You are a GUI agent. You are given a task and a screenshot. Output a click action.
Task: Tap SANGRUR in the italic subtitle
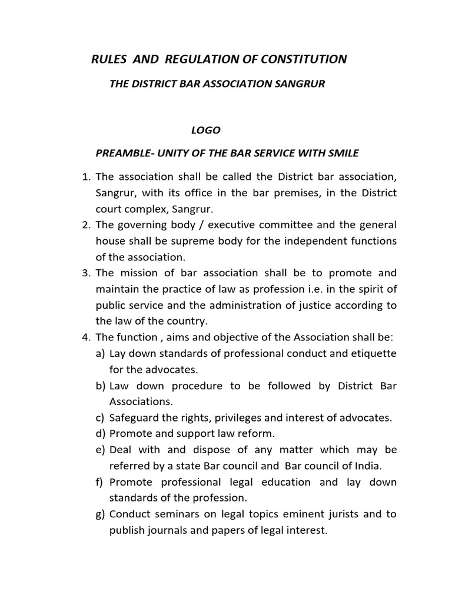(298, 84)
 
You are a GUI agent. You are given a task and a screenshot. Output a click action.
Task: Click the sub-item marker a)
(101, 353)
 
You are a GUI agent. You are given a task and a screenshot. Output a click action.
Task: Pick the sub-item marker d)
(101, 434)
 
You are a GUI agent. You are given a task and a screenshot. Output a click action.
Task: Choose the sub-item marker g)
(101, 514)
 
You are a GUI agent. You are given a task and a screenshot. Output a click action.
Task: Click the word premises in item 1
(289, 193)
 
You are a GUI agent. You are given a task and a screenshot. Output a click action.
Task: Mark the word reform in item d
(258, 434)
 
